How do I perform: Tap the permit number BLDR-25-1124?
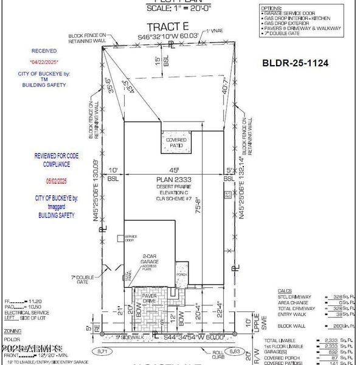coord(297,62)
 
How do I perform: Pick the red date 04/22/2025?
coord(42,62)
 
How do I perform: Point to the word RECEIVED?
coord(42,51)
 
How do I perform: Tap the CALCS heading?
coord(285,291)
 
